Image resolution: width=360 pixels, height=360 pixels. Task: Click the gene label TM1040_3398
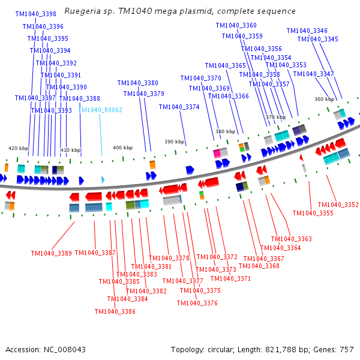(x=35, y=14)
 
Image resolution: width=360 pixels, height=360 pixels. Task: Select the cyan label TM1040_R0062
(x=100, y=110)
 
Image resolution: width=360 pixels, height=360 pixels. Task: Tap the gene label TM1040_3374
(x=179, y=107)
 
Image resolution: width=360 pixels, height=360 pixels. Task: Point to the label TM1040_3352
(x=338, y=205)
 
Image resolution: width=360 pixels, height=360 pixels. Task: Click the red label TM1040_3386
(x=115, y=311)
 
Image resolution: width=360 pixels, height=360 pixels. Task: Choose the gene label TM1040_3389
(x=51, y=253)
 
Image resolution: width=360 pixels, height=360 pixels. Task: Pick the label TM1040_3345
(x=317, y=40)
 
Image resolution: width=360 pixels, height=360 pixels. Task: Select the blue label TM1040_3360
(x=236, y=25)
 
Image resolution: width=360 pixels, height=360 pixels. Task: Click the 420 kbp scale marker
(x=18, y=148)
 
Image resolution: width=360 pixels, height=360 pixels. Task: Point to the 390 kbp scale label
(x=174, y=142)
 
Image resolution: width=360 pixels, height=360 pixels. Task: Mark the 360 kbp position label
(x=324, y=99)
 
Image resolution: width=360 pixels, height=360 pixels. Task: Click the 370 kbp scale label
(x=275, y=117)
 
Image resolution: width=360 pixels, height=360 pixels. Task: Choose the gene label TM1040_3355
(x=313, y=213)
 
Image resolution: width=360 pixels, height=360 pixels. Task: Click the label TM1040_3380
(x=137, y=83)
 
